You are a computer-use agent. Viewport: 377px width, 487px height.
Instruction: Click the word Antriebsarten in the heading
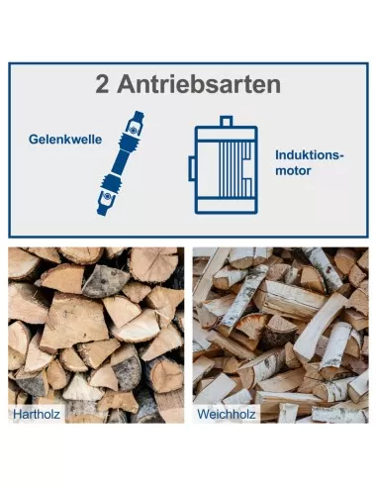[x=199, y=84]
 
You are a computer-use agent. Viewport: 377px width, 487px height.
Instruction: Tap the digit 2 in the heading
[x=102, y=84]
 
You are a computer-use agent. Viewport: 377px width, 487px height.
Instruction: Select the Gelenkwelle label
[x=65, y=140]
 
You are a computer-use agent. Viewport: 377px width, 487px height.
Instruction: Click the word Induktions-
[x=310, y=154]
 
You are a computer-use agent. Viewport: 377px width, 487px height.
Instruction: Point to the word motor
[x=293, y=170]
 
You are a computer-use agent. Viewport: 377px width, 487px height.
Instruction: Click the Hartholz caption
[x=37, y=414]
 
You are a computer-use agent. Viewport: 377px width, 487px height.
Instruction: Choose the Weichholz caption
[x=227, y=414]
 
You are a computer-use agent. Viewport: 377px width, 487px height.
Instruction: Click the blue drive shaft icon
[x=121, y=163]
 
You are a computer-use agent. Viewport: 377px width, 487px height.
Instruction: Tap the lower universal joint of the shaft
[x=106, y=199]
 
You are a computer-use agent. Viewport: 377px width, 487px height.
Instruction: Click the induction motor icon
[x=223, y=165]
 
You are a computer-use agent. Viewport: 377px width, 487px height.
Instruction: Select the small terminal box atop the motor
[x=227, y=121]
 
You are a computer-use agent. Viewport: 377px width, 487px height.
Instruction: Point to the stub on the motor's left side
[x=192, y=168]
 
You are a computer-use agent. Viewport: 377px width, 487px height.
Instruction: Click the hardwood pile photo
[x=96, y=335]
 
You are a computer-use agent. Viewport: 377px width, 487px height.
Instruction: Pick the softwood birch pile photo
[x=281, y=335]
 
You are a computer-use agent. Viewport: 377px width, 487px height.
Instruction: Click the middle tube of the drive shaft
[x=121, y=162]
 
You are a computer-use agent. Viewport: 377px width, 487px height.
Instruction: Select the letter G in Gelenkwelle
[x=33, y=140]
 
